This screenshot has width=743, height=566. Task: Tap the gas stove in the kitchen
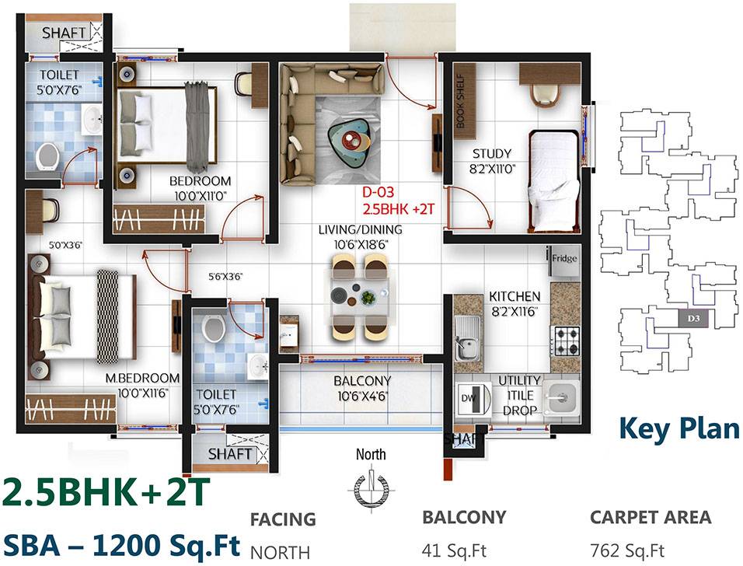tap(564, 339)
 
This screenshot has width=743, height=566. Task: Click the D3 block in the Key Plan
tap(693, 317)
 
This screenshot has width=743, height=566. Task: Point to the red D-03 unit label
tap(379, 194)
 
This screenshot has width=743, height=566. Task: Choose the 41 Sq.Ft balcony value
tap(455, 551)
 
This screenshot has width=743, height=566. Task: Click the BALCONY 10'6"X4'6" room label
tap(362, 388)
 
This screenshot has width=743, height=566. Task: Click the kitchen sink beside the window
tap(467, 343)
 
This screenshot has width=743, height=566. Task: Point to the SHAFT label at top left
tap(64, 33)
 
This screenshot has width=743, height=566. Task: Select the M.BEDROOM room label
tap(143, 384)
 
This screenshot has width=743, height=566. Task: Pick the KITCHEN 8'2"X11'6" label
tap(515, 303)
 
